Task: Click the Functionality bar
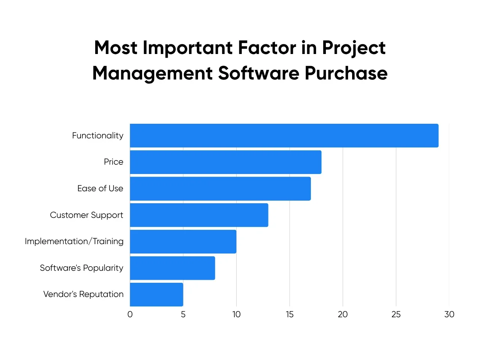click(284, 135)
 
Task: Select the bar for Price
click(225, 162)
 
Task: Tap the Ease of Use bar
click(220, 189)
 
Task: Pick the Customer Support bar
click(199, 215)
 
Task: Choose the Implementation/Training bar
click(183, 241)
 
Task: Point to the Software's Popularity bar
click(172, 268)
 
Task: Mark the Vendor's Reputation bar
click(156, 294)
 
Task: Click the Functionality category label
click(97, 135)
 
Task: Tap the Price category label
click(113, 162)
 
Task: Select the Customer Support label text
click(86, 215)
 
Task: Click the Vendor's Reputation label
click(83, 294)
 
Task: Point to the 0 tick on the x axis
click(130, 314)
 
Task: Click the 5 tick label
click(183, 314)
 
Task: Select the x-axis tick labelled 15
click(289, 314)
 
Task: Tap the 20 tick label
click(343, 314)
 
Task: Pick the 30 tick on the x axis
click(449, 314)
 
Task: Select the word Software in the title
click(258, 73)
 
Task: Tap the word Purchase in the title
click(346, 73)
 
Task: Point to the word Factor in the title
click(267, 48)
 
